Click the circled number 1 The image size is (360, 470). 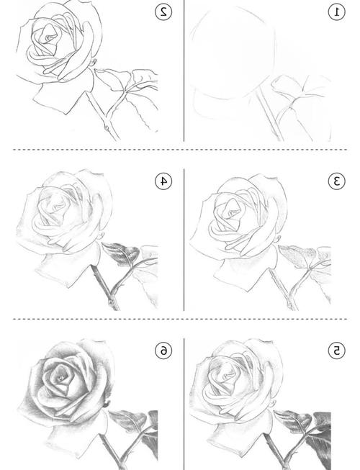tap(337, 12)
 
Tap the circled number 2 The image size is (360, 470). tap(163, 12)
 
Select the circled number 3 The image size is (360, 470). tap(337, 181)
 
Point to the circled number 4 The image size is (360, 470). tap(163, 181)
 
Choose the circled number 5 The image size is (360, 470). tap(337, 351)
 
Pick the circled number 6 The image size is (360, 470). tap(163, 351)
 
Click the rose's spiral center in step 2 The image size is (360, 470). tap(48, 37)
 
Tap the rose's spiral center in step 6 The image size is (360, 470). tap(61, 379)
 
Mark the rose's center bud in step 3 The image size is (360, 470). tap(231, 212)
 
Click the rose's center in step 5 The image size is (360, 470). tap(228, 374)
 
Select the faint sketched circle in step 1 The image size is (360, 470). tap(275, 45)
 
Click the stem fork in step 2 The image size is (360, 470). tap(107, 115)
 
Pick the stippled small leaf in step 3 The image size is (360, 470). tap(297, 255)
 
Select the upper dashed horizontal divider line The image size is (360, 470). tap(180, 149)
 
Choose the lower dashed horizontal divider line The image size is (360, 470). tap(180, 319)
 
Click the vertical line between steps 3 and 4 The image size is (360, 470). tap(184, 239)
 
